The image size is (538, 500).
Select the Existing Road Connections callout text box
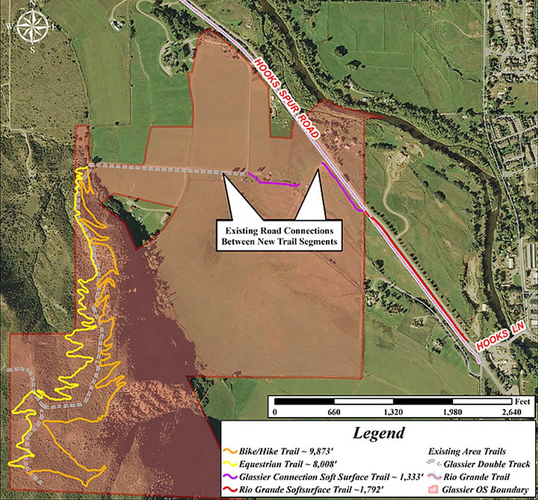tap(279, 236)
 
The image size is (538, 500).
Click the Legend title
tap(378, 433)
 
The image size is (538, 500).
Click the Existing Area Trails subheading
tap(467, 451)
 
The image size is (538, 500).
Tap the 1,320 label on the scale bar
tap(393, 412)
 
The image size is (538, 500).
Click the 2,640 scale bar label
tap(511, 412)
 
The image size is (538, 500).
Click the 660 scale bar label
tap(334, 412)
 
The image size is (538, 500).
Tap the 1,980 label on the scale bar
tap(452, 412)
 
